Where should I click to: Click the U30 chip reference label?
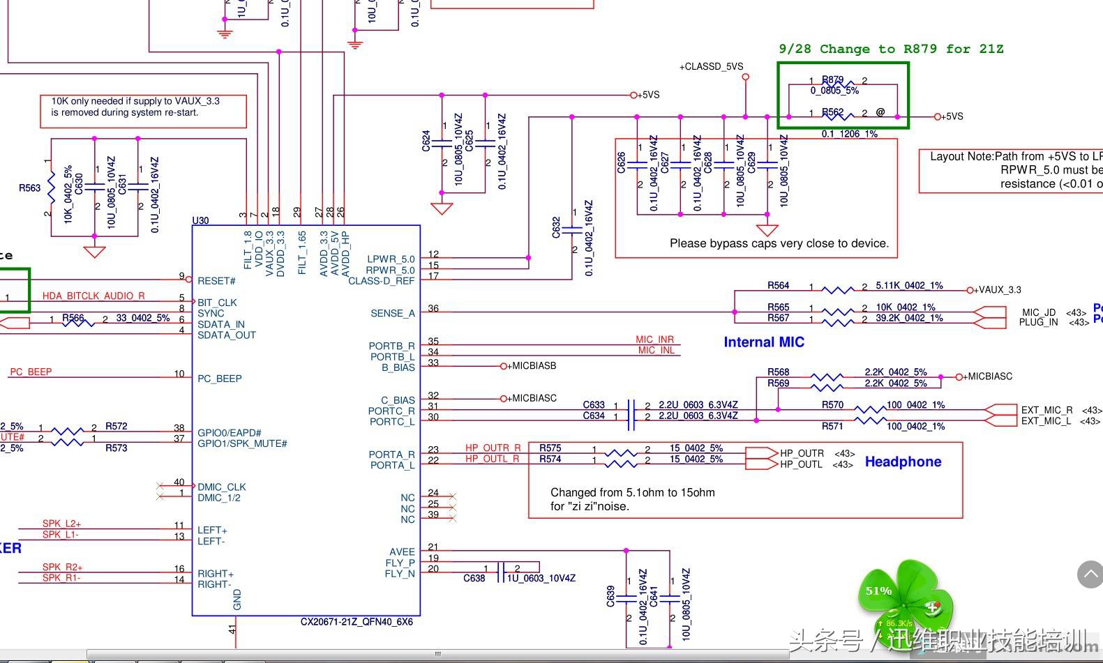coord(200,220)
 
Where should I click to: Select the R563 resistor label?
coord(29,188)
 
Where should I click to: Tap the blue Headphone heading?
coord(903,462)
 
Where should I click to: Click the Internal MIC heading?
coord(764,342)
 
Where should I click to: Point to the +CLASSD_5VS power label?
coord(712,67)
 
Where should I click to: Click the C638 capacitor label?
coord(474,578)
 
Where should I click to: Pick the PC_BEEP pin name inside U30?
coord(219,379)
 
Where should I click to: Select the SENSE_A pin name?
coord(392,313)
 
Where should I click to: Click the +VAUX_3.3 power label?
coord(998,290)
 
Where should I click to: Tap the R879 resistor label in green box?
coord(832,80)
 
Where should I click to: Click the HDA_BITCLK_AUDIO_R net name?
coord(93,296)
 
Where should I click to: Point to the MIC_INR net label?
coord(654,340)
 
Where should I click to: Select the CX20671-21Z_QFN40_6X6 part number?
coord(357,621)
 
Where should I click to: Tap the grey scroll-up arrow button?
coord(1090,574)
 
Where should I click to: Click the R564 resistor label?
coord(778,285)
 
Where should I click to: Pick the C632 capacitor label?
coord(556,227)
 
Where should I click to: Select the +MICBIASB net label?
coord(531,365)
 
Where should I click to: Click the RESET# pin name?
coord(216,281)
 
